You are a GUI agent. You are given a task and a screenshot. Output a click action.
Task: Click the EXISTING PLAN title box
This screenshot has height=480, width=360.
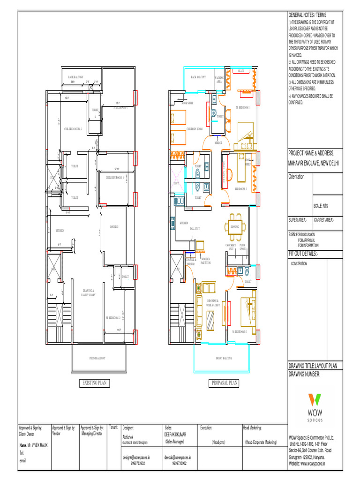95,383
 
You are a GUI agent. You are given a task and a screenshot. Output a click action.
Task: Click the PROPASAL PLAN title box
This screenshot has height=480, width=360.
224,383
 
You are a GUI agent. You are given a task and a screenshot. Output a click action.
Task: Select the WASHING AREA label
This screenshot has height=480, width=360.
219,79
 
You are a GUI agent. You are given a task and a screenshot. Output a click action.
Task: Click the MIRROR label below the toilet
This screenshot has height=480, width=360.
218,142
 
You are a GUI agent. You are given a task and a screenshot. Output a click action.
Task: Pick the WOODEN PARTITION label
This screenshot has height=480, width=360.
206,261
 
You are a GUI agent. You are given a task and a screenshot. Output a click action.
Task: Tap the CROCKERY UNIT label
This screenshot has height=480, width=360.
231,247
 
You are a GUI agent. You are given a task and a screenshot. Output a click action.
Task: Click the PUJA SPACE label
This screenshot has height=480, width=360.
242,247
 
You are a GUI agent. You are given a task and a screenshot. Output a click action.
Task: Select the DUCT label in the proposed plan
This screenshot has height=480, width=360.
176,183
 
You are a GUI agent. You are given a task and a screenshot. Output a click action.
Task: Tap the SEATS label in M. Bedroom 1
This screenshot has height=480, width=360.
241,71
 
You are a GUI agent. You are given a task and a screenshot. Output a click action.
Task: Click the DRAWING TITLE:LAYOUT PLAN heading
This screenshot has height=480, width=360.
315,366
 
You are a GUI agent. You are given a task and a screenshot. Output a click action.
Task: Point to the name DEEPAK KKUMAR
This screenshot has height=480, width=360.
175,435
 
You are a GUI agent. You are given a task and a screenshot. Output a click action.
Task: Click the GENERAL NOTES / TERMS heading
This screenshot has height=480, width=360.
307,15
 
